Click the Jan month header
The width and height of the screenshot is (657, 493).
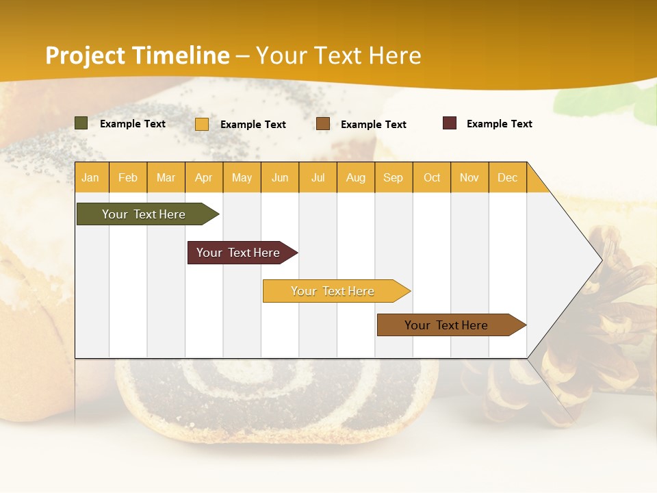91,177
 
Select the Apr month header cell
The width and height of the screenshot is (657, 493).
204,177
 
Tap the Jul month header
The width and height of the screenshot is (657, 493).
318,177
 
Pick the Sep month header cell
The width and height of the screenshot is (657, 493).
394,177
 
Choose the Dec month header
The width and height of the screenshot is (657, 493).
507,177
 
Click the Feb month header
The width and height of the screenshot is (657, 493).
128,177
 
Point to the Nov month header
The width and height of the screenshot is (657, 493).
469,177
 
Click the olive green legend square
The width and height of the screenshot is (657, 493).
81,123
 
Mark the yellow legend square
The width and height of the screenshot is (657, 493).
202,124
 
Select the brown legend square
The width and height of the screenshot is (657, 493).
323,124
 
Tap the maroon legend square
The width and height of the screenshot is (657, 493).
450,123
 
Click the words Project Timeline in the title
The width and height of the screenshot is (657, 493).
138,55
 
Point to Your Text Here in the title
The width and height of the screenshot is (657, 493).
339,55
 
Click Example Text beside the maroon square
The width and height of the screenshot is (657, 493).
499,124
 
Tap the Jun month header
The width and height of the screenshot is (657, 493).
280,177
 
